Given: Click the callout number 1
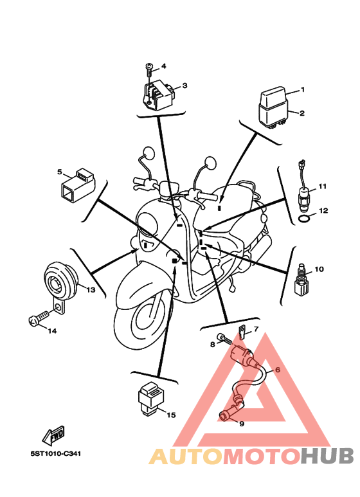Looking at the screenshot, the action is [x=302, y=90].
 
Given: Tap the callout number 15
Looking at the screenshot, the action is [x=171, y=415].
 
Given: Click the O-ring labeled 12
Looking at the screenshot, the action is [x=305, y=219].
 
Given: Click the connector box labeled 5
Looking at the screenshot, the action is [x=77, y=185].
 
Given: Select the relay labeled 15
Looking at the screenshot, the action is [x=151, y=398].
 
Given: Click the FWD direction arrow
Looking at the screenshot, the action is [x=53, y=435].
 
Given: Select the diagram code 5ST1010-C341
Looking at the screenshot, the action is [x=56, y=453].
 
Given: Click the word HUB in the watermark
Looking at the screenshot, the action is [x=327, y=456].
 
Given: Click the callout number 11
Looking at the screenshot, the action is [x=322, y=186].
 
